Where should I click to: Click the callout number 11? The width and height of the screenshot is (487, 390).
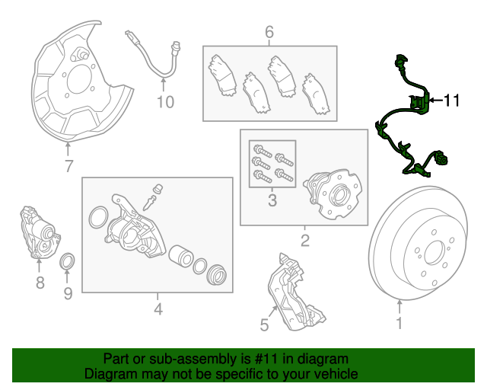point(451,100)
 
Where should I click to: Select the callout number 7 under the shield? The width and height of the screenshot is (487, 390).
point(68,165)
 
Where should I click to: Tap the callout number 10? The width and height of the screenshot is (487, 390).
point(165,102)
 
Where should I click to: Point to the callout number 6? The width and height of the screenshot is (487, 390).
point(269,32)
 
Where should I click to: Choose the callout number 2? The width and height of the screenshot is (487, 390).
point(304,242)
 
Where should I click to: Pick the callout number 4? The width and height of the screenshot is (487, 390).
point(158,310)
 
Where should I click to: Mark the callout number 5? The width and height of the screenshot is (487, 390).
point(264,325)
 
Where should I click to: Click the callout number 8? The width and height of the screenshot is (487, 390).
point(40,283)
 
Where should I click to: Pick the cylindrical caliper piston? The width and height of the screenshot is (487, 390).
point(181,257)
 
